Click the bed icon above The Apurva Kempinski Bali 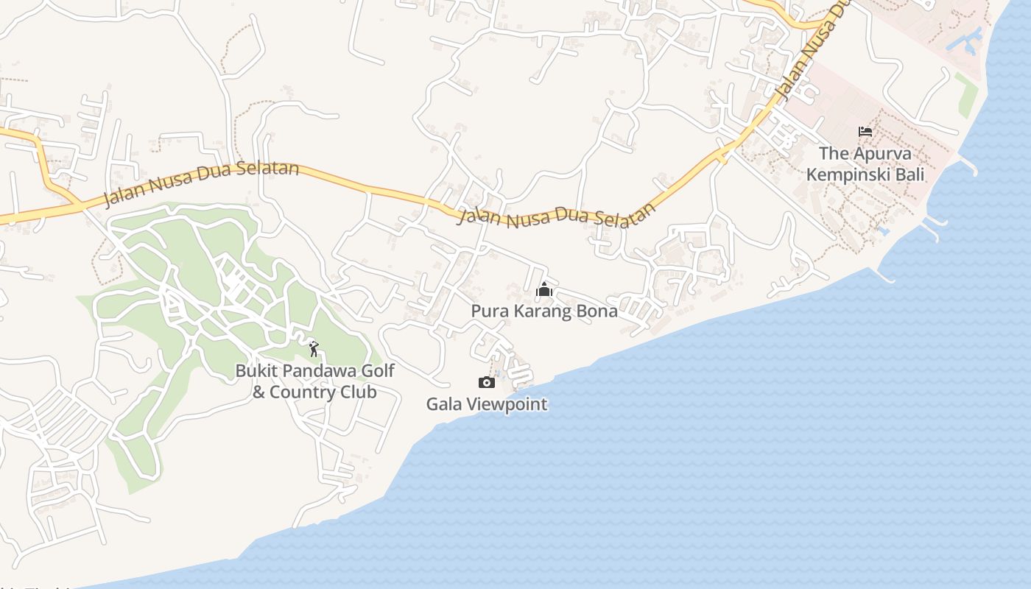pos(865,132)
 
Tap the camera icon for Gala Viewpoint pos(486,382)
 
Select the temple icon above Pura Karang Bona pos(544,289)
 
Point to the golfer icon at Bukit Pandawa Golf pos(314,349)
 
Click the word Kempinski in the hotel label pos(851,175)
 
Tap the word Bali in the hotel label pos(911,175)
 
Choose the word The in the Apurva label pos(834,154)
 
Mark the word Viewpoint pos(504,404)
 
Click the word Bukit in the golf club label pos(254,370)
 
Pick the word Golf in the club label pos(379,370)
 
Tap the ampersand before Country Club pos(258,392)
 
